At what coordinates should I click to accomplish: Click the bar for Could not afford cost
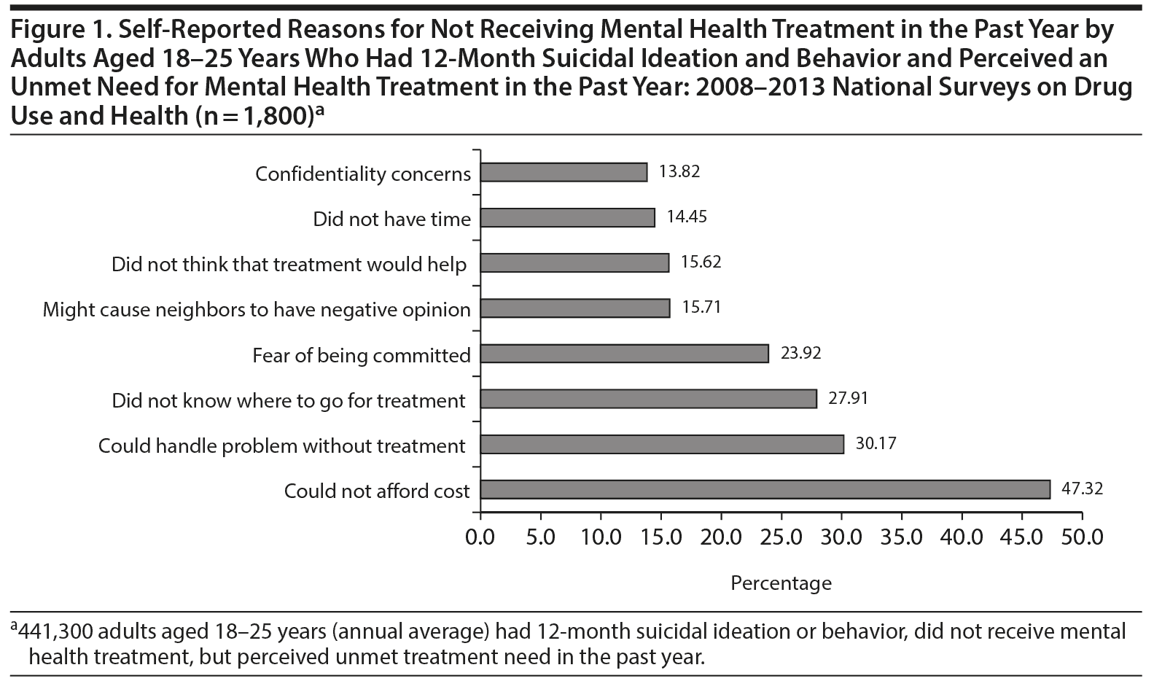click(x=765, y=489)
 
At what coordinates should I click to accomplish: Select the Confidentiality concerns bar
click(x=564, y=172)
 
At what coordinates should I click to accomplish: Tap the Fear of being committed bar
click(x=624, y=354)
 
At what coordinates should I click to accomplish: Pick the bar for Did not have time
click(x=567, y=218)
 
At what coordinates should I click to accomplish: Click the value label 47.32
click(x=1082, y=489)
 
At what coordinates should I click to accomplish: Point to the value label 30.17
click(x=876, y=443)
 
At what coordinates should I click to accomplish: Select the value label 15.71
click(x=701, y=308)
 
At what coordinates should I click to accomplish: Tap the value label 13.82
click(x=679, y=171)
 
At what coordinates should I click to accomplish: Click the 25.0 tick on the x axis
click(x=781, y=537)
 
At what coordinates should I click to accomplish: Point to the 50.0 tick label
click(x=1083, y=537)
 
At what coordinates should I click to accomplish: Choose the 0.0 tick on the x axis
click(x=480, y=537)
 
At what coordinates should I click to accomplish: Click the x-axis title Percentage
click(x=781, y=583)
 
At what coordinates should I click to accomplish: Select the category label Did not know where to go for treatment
click(x=289, y=400)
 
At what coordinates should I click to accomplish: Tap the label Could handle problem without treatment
click(x=282, y=445)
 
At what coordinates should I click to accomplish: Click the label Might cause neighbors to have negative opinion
click(x=257, y=309)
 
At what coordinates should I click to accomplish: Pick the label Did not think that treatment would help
click(x=289, y=264)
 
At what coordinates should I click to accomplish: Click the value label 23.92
click(x=800, y=354)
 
